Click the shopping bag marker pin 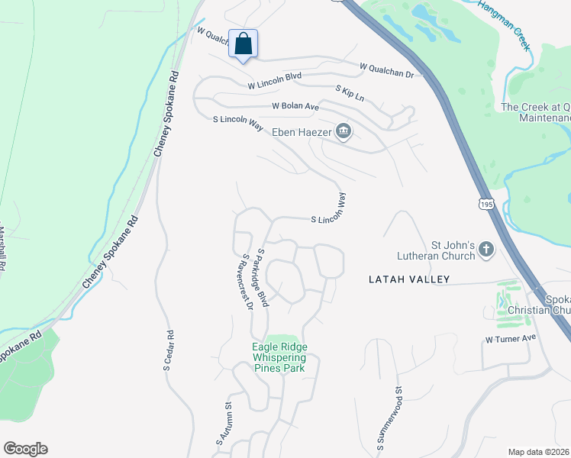tap(243, 44)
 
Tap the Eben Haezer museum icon tap(344, 132)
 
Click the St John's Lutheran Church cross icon tap(486, 249)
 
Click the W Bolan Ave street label tap(295, 107)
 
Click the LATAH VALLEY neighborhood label tap(410, 279)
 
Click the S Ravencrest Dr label tap(247, 283)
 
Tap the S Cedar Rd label tap(168, 350)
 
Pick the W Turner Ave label tap(511, 338)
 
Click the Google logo tap(25, 449)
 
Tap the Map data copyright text tap(539, 452)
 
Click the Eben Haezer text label tap(304, 132)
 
